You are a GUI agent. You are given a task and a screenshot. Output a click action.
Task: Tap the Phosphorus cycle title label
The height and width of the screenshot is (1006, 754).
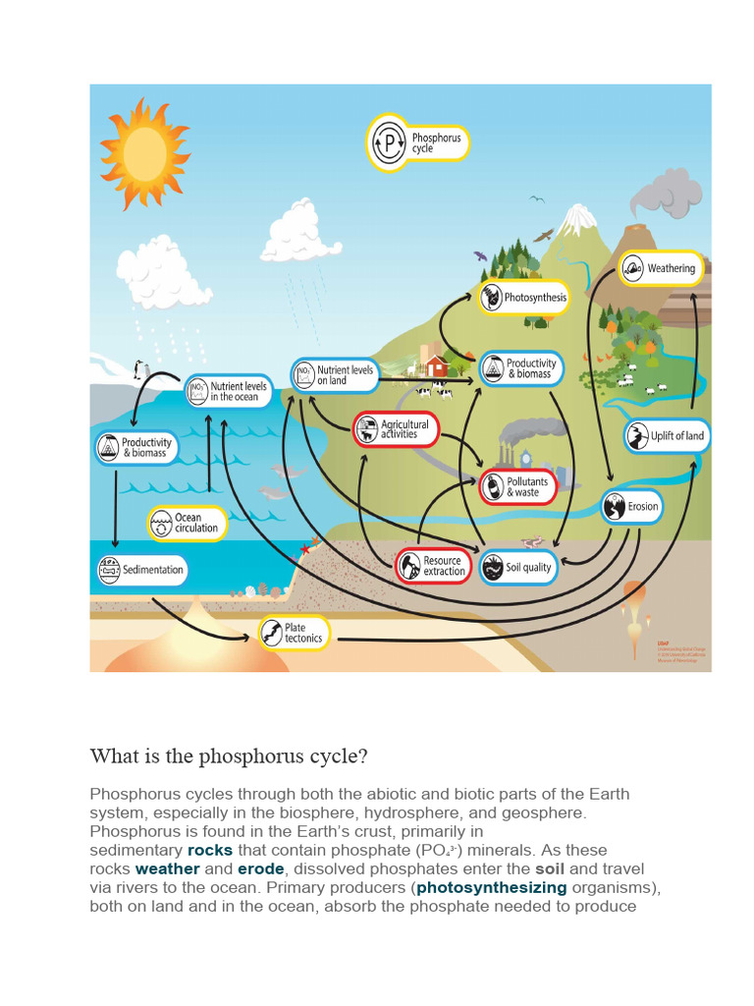click(418, 143)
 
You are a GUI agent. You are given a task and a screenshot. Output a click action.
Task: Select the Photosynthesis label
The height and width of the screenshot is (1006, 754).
click(524, 298)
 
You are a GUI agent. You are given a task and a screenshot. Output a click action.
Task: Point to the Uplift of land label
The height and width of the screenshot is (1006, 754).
click(667, 436)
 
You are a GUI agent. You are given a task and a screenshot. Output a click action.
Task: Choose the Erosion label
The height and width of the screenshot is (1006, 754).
click(631, 507)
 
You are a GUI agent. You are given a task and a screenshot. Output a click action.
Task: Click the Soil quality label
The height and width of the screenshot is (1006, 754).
click(517, 568)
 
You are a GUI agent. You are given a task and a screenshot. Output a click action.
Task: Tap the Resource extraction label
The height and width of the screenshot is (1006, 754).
click(434, 566)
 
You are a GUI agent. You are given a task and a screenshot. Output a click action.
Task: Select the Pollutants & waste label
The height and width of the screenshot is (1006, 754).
click(518, 486)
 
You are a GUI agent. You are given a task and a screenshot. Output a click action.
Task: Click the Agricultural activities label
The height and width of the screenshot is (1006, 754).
click(395, 429)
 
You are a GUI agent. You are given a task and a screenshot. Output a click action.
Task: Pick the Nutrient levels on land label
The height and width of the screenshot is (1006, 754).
click(335, 375)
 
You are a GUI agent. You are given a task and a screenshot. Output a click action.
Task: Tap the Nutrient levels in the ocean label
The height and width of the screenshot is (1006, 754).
click(228, 392)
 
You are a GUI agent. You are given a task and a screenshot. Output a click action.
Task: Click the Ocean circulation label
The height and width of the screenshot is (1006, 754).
click(187, 523)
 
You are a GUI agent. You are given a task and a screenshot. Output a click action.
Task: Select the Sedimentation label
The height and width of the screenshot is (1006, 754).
click(141, 570)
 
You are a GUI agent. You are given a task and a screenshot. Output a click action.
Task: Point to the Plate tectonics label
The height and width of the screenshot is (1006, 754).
click(294, 633)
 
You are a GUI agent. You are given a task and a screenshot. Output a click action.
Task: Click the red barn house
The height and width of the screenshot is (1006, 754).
click(437, 366)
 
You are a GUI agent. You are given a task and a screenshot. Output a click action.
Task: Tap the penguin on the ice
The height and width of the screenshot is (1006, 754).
click(139, 369)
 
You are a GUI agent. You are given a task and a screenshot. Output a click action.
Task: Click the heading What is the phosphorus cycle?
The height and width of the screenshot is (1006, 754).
click(229, 756)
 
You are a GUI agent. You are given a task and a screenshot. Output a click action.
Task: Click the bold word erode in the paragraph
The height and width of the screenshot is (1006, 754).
click(260, 868)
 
